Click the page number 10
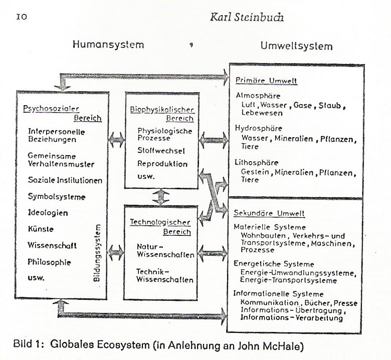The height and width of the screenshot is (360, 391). coord(22,17)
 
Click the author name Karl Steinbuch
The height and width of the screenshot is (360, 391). coord(247,17)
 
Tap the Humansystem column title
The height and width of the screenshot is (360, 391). coord(108,45)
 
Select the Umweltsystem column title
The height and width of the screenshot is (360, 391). coord(296,46)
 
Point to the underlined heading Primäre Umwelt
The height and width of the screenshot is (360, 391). coord(266,81)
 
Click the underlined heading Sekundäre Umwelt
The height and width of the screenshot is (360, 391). coord(269,213)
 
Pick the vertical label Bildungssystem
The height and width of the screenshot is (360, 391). coord(97,253)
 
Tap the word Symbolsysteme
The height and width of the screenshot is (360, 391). coord(57,197)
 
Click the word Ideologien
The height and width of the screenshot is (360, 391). coord(48,213)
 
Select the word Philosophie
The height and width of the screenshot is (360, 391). coord(49,262)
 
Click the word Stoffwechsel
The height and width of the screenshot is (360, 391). coord(161,151)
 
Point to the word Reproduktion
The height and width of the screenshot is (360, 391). coord(162,164)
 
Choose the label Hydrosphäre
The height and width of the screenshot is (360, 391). coord(259,128)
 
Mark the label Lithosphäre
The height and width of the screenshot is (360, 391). coord(256,163)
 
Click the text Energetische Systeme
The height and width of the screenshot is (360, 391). coord(274,264)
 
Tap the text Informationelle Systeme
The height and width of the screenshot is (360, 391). coord(278,294)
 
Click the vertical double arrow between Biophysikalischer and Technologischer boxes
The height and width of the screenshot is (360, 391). coord(161,197)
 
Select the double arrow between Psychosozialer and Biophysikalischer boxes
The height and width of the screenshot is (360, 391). coord(116,140)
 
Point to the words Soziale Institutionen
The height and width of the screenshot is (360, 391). coord(65,180)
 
